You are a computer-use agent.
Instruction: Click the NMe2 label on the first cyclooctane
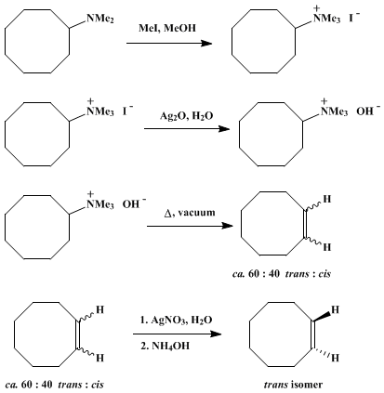(99, 20)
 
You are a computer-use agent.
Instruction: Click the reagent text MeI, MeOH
(167, 29)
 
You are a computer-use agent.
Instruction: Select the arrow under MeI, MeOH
(169, 43)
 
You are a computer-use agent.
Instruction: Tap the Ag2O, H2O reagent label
(187, 116)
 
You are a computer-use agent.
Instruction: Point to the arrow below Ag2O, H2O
(187, 128)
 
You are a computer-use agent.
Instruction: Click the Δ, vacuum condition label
(190, 213)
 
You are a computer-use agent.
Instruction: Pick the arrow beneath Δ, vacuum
(190, 226)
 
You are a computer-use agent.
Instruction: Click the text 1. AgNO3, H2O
(177, 320)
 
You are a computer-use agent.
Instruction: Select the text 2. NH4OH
(165, 346)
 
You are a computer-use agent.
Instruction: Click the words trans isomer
(293, 385)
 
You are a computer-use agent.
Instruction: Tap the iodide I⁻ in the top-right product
(354, 18)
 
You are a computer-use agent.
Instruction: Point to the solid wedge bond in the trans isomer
(323, 316)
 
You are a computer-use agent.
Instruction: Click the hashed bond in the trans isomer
(323, 353)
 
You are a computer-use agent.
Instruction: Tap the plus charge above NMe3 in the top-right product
(316, 8)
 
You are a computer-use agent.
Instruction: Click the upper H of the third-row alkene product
(327, 199)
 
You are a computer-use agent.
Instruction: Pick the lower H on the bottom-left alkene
(99, 359)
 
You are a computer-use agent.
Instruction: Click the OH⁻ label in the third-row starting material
(134, 203)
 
